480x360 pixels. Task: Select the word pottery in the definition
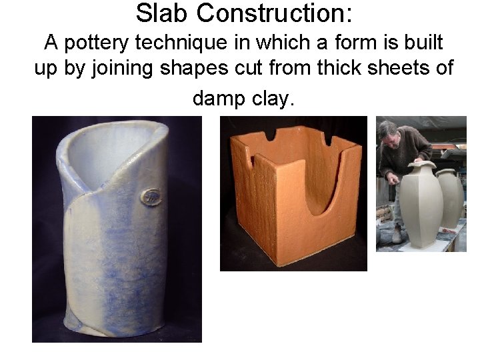coord(94,43)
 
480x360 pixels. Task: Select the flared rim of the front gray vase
coord(423,165)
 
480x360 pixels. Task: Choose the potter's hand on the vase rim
coord(414,161)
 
